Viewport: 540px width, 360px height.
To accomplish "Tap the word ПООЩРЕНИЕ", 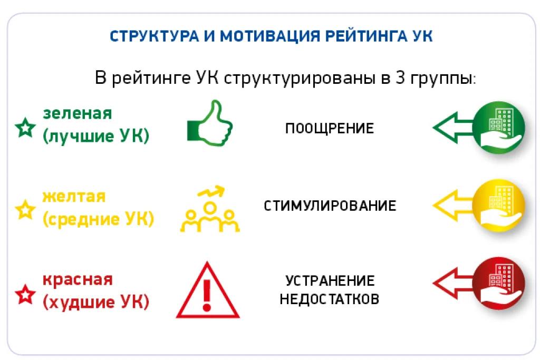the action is [330, 129].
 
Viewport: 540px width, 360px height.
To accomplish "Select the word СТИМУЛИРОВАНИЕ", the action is [330, 206].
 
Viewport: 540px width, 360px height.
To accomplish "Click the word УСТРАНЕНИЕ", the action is [330, 281].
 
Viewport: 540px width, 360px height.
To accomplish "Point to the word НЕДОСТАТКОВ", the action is [330, 299].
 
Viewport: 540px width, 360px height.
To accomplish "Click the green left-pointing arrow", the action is [452, 128].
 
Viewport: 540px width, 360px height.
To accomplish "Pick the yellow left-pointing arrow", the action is [452, 205].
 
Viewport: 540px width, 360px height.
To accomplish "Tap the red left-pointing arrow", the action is [452, 283].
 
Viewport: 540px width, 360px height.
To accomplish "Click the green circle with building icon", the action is [499, 128].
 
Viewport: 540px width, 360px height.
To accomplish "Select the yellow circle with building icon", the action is [499, 205].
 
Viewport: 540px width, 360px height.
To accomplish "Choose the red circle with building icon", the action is [499, 283].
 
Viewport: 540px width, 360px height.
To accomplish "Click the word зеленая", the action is [78, 113].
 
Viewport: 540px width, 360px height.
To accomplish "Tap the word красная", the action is [78, 280].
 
